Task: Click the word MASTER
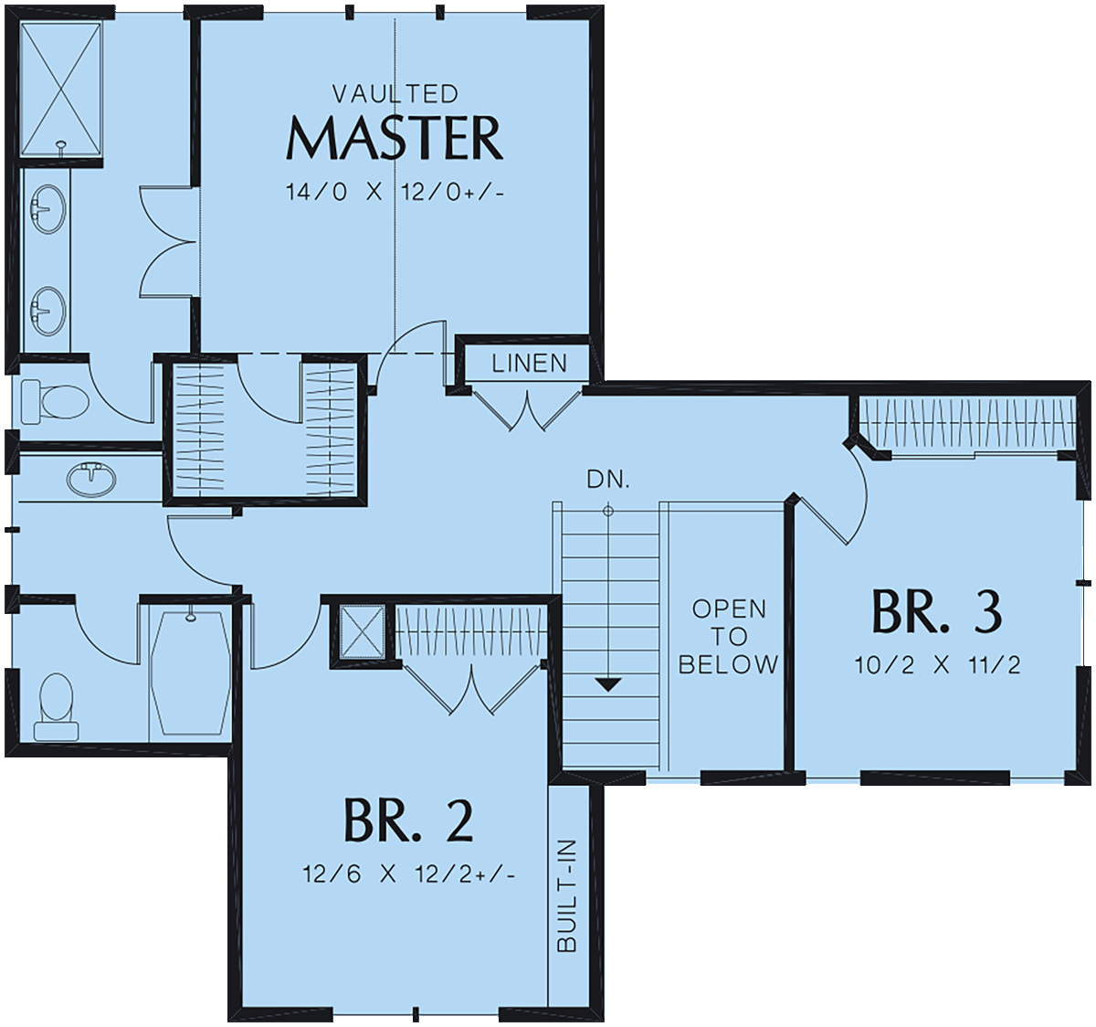point(395,138)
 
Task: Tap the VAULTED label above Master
point(395,94)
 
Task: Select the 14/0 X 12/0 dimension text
point(395,192)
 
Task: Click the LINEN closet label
point(529,364)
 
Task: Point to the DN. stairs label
point(608,480)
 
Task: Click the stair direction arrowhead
point(608,685)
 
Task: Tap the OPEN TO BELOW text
point(729,637)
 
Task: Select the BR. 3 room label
point(936,612)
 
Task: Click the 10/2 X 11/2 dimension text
point(937,665)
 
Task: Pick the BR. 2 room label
point(408,821)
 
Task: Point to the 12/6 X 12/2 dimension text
point(408,874)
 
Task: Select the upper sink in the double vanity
point(48,208)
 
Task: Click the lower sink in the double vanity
point(48,311)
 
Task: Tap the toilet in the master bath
point(55,401)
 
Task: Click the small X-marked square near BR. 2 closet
point(362,631)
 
